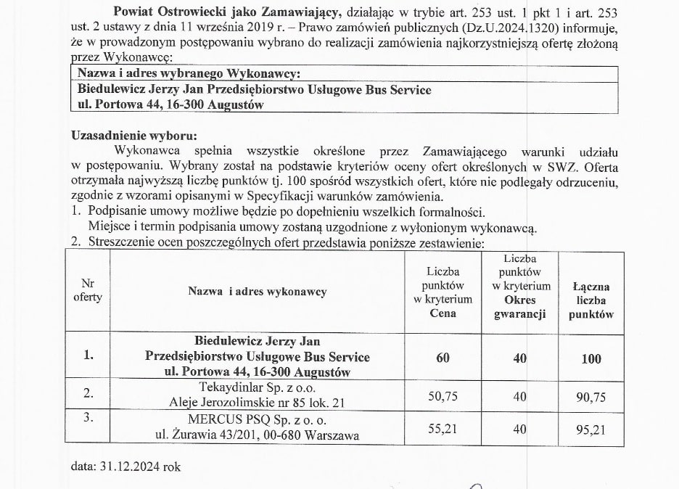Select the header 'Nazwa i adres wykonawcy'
pyautogui.click(x=258, y=292)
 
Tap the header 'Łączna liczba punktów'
pyautogui.click(x=591, y=300)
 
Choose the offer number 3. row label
pyautogui.click(x=88, y=419)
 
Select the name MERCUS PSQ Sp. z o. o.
pyautogui.click(x=258, y=420)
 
